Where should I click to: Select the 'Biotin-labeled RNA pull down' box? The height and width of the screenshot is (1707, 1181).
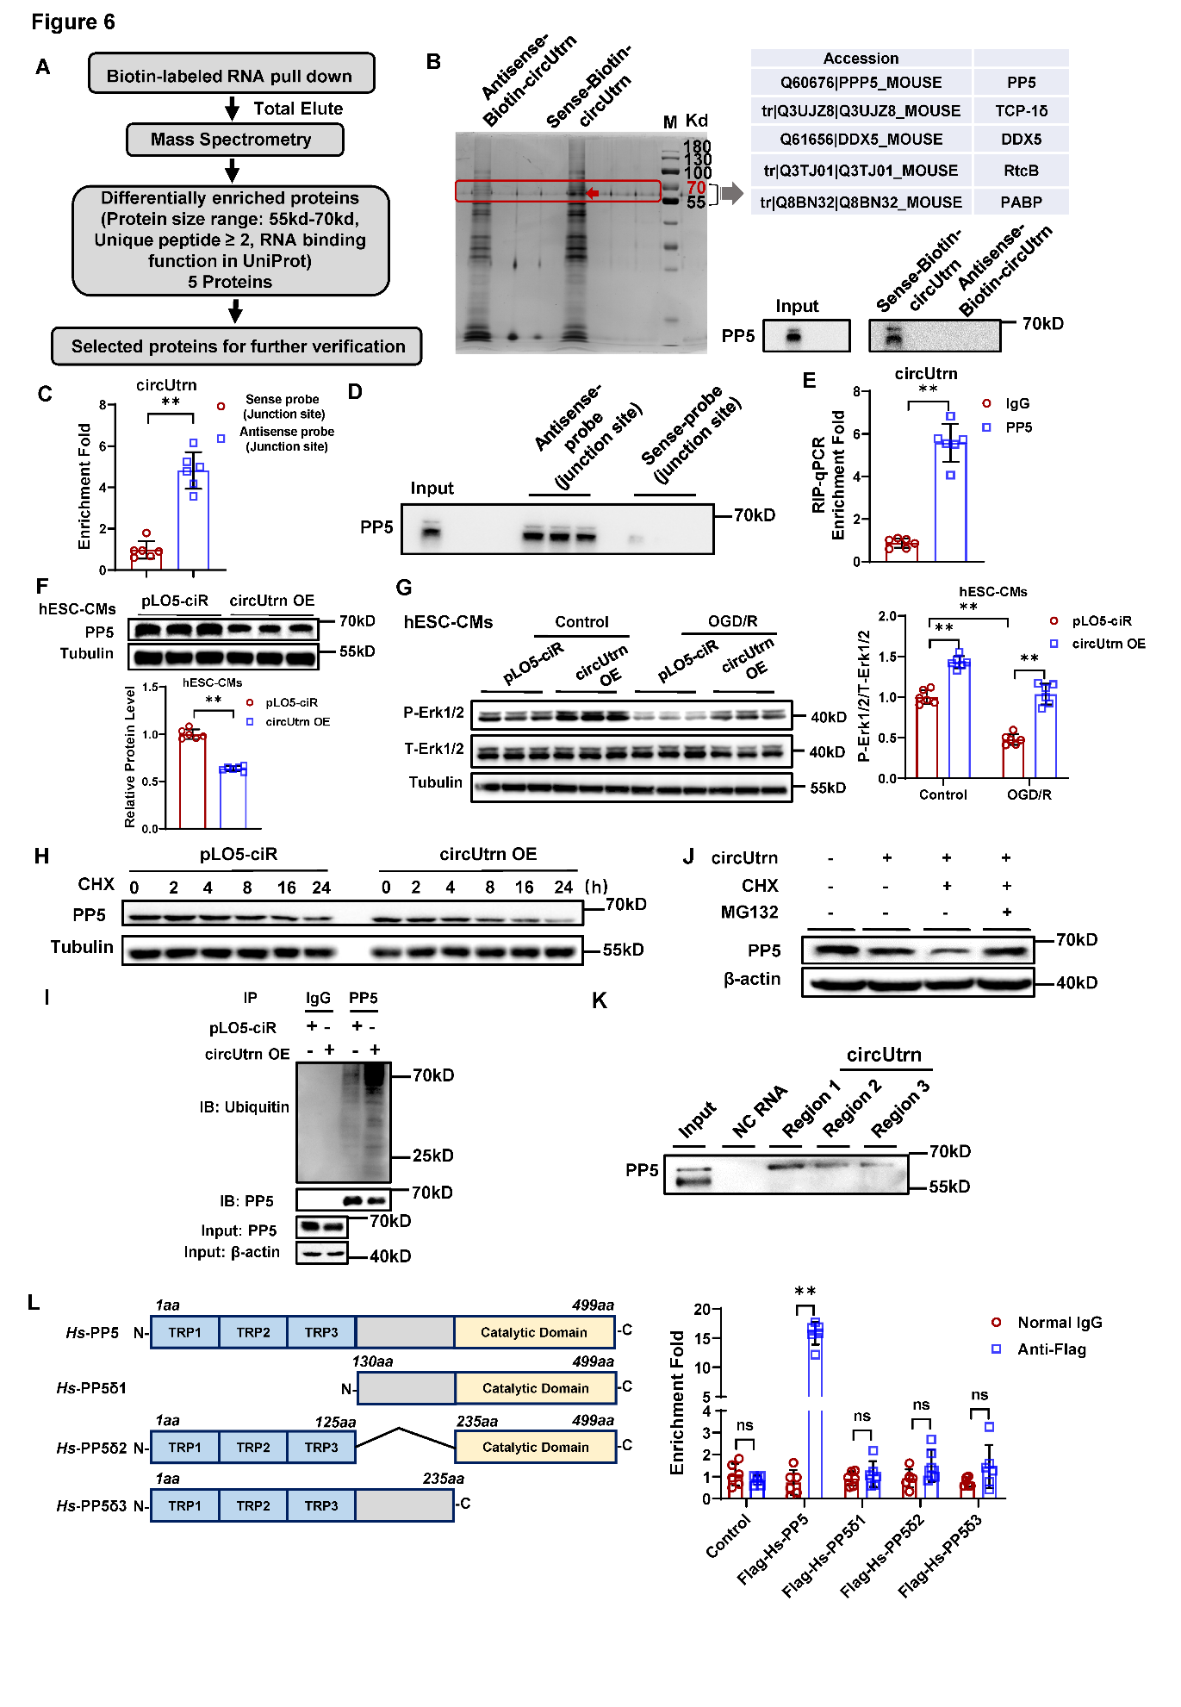(x=231, y=75)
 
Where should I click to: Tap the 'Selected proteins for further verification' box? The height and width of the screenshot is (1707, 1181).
(x=237, y=346)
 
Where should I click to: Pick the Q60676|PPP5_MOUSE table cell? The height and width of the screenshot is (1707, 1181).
(x=861, y=83)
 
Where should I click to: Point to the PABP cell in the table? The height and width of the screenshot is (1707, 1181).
(x=1021, y=202)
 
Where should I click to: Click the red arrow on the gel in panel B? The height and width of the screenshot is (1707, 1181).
(x=592, y=193)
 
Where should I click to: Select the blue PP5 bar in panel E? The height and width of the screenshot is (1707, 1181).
(x=950, y=500)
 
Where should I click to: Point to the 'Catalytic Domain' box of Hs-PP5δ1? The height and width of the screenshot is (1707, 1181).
(x=535, y=1388)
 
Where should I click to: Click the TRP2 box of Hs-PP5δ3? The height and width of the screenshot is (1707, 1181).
(x=253, y=1505)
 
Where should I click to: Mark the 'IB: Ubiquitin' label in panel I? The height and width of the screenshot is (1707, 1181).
(x=245, y=1107)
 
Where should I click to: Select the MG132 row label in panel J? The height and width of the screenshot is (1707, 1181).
(x=749, y=912)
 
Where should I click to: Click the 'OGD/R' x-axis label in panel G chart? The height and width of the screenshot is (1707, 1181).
(x=1029, y=794)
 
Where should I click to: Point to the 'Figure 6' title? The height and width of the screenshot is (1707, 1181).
(x=73, y=22)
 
